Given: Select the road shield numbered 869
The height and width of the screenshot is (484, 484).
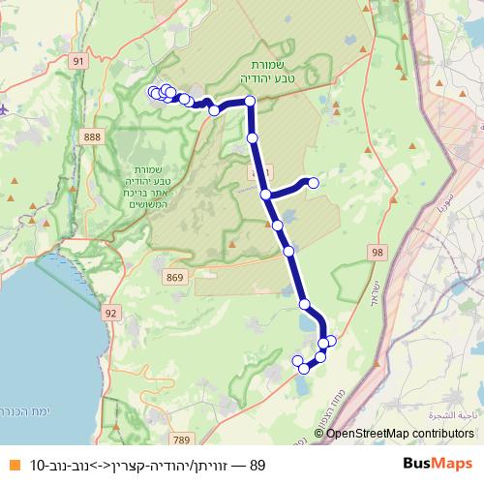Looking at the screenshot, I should pos(175,278).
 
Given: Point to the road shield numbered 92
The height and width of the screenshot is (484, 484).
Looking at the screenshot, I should pos(111,313).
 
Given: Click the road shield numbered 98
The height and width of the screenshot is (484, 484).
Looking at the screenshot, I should pos(377,252).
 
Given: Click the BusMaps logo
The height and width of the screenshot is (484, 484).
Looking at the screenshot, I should pos(438,465).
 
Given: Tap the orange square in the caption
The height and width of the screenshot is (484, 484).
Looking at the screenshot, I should pos(13,465).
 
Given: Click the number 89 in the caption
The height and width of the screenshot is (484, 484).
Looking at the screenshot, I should pos(257,465).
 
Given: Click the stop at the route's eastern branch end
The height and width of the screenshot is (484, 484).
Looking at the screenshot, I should pos(313,182).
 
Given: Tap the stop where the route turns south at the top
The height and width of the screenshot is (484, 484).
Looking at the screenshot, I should pos(250,102).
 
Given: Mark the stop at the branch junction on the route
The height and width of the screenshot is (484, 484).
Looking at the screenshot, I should pos(265,195).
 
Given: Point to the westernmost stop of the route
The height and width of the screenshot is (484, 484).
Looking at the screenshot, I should pos(152,92).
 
